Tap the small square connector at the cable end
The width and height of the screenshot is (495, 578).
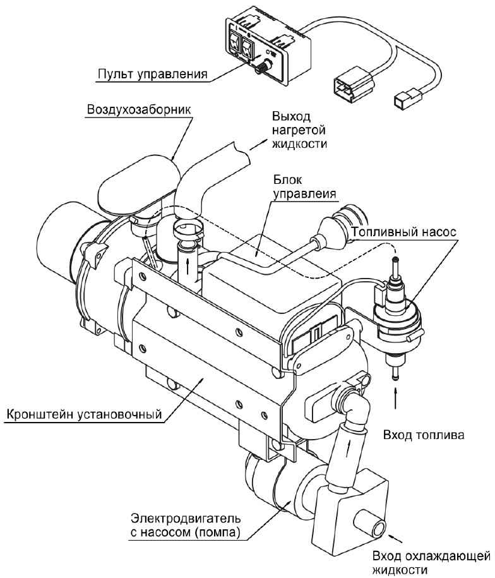402,99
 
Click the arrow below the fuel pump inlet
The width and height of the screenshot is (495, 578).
396,399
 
